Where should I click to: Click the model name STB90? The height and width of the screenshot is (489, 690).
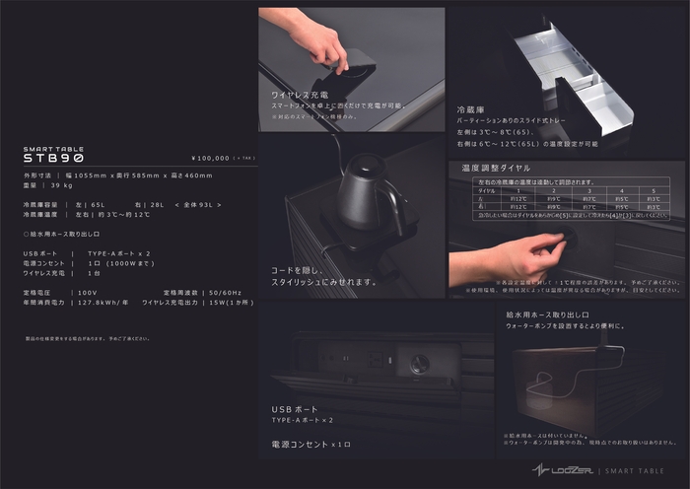53,158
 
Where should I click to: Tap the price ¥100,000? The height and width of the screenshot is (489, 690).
210,158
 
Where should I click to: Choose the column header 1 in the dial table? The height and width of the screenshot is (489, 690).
517,190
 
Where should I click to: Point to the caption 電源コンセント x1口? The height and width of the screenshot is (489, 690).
310,445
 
